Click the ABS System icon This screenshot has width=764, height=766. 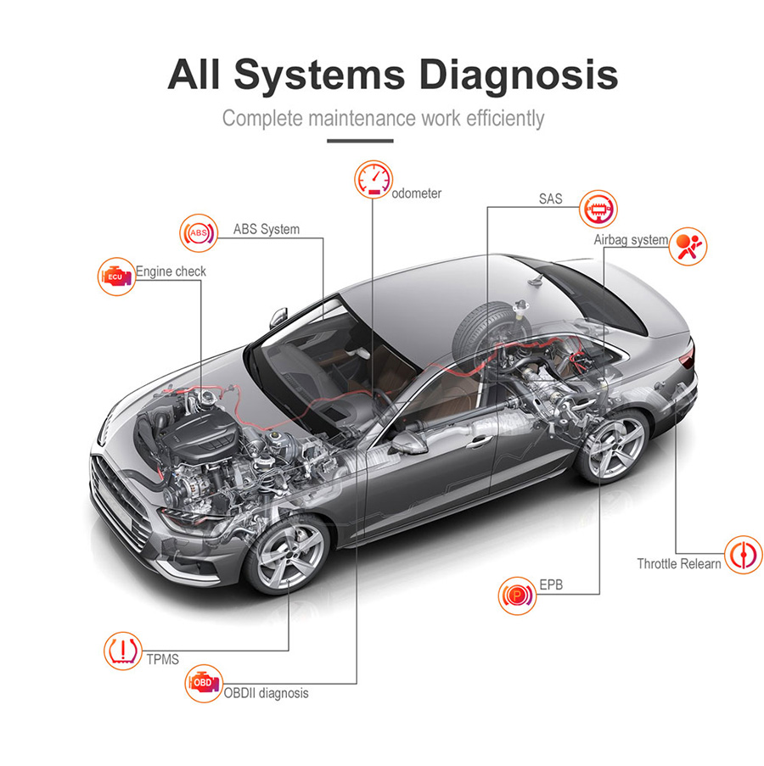198,232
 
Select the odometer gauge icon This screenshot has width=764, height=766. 373,181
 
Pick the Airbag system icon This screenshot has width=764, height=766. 688,244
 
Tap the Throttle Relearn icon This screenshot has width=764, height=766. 743,555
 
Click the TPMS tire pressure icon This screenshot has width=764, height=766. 121,651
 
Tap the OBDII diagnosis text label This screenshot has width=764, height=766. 266,693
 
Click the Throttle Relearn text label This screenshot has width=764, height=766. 679,563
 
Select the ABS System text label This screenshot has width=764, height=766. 267,229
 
